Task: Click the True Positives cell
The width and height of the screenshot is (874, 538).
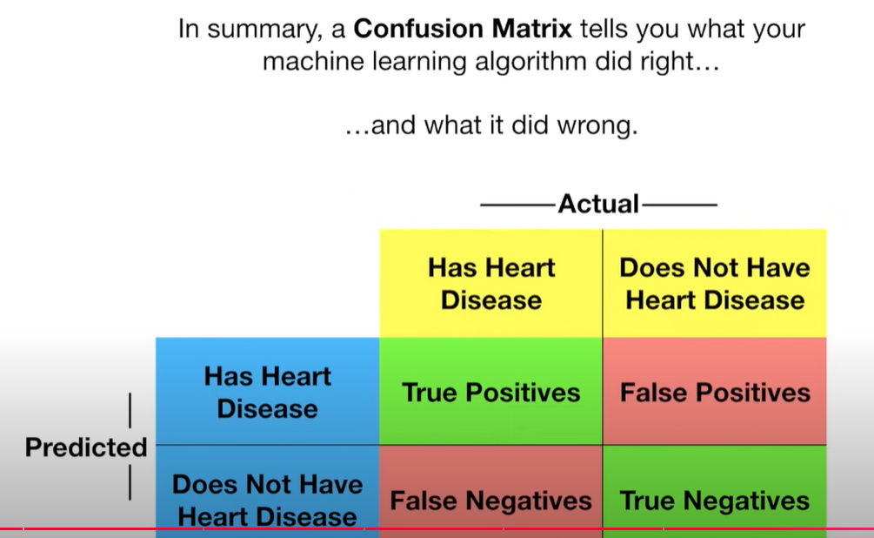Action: pyautogui.click(x=490, y=393)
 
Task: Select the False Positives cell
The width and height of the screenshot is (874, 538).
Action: pyautogui.click(x=715, y=393)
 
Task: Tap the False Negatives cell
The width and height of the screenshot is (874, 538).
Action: pyautogui.click(x=490, y=501)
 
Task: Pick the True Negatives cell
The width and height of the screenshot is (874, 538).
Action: pyautogui.click(x=715, y=501)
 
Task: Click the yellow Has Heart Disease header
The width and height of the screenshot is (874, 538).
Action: pyautogui.click(x=491, y=284)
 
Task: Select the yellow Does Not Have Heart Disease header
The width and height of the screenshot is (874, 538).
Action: pyautogui.click(x=715, y=284)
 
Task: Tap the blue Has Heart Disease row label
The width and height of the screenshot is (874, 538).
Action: pyautogui.click(x=268, y=393)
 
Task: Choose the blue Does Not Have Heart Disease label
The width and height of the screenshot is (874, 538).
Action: pyautogui.click(x=268, y=500)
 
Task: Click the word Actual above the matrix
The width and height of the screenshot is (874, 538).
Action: pyautogui.click(x=598, y=205)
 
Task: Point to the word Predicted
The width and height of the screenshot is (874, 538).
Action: pyautogui.click(x=86, y=447)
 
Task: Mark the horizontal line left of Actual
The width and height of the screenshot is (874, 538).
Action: pyautogui.click(x=518, y=205)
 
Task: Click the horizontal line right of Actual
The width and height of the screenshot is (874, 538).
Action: pyautogui.click(x=679, y=205)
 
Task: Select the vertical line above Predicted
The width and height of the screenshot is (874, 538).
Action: pyautogui.click(x=130, y=410)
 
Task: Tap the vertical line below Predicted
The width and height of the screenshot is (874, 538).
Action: pyautogui.click(x=130, y=484)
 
